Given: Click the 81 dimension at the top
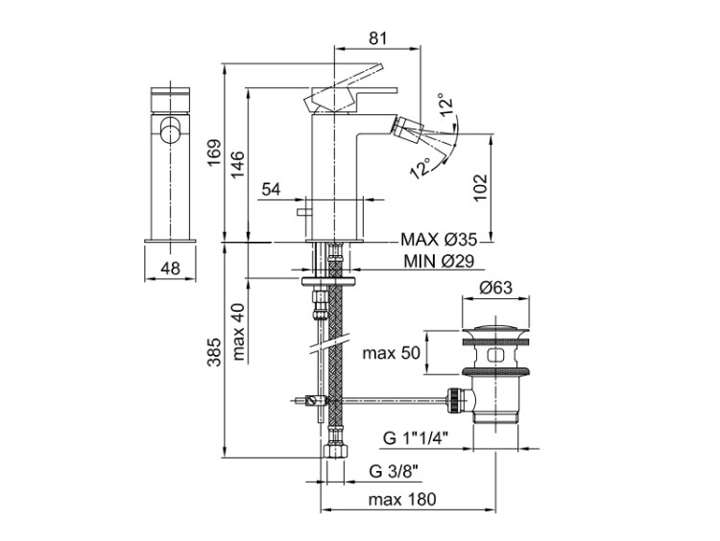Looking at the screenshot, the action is point(377,38).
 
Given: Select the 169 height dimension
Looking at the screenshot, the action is point(214,153).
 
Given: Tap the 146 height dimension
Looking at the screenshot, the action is point(237,164).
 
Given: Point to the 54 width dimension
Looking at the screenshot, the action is point(271,189).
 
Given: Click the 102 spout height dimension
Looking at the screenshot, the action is point(480,187).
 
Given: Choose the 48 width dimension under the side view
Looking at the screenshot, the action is point(170,268).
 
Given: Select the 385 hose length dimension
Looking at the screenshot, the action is point(214,352).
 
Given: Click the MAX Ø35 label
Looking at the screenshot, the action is point(439,240).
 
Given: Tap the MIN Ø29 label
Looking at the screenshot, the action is point(439,261).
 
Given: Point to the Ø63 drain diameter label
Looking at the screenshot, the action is point(495,288).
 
